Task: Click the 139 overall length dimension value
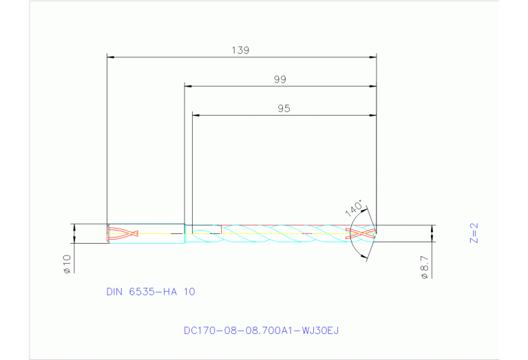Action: click(240, 50)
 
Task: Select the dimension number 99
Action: click(279, 80)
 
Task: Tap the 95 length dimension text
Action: click(284, 109)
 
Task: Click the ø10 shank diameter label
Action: click(67, 264)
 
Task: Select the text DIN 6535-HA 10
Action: click(151, 292)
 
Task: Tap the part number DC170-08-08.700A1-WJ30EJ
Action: click(261, 330)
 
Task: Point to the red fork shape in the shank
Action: click(124, 233)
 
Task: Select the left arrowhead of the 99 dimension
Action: click(188, 86)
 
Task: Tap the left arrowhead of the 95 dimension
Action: click(196, 115)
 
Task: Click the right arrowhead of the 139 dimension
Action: click(372, 56)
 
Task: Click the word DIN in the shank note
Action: click(114, 292)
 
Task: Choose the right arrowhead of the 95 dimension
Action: click(372, 115)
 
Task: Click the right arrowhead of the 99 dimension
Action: click(372, 86)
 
